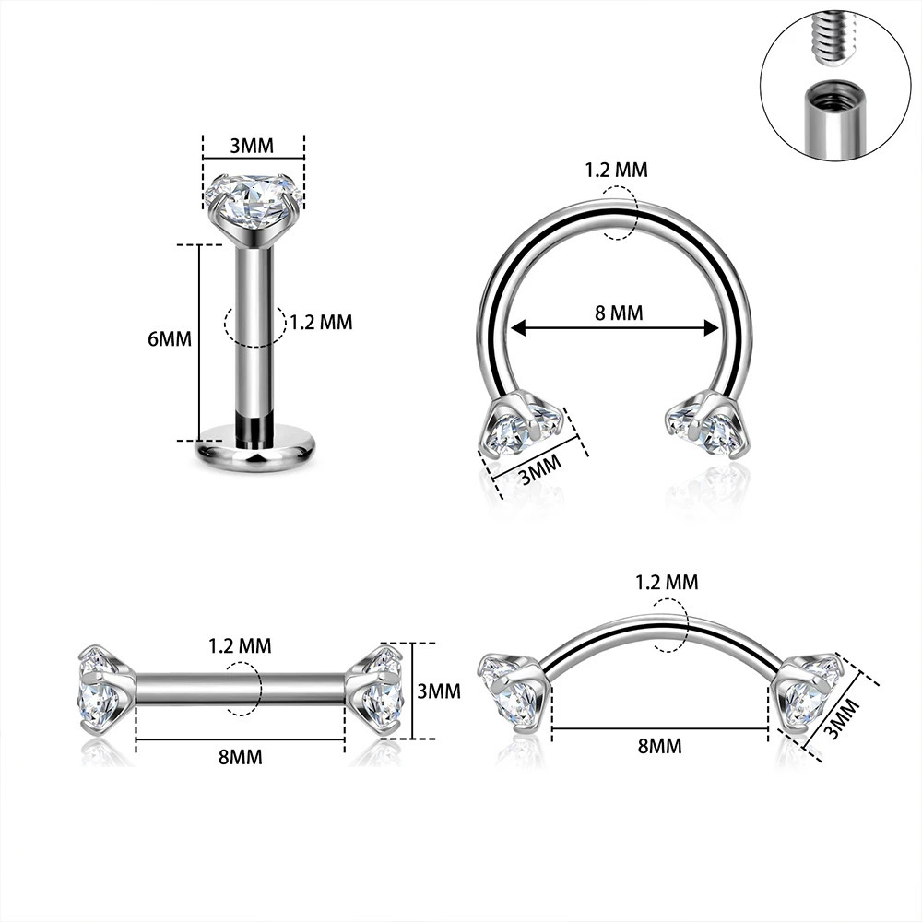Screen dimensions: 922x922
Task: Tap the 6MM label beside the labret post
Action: [170, 338]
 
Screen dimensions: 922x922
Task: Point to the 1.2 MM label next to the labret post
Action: [321, 323]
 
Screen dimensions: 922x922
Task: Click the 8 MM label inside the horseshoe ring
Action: [619, 313]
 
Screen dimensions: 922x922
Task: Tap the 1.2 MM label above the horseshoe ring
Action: [616, 170]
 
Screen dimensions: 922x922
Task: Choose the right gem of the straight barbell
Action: [379, 689]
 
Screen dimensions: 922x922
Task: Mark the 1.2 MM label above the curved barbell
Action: [667, 582]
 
